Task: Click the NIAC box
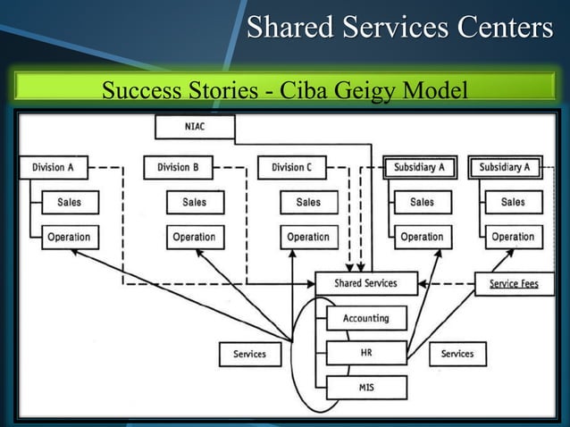[195, 127]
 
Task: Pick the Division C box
[292, 167]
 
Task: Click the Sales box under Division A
[70, 202]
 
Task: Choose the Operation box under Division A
[70, 237]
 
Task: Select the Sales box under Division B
[195, 202]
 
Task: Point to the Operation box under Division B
[195, 237]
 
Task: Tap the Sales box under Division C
[309, 202]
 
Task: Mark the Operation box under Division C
[309, 237]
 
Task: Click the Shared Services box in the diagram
[366, 283]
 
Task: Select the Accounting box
[366, 318]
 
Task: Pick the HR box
[366, 353]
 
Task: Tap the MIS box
[366, 388]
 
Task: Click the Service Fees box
[514, 284]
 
